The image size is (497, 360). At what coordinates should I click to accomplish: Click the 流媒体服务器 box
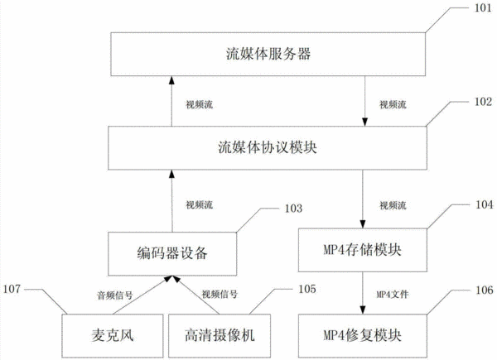coord(268,54)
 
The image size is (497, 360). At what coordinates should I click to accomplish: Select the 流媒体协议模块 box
coord(268,148)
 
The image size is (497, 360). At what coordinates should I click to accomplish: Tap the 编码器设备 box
coord(172,254)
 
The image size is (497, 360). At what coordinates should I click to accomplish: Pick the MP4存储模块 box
coord(363,250)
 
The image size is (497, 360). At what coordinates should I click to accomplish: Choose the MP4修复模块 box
coord(363,336)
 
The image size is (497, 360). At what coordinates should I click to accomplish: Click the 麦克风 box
coord(113,336)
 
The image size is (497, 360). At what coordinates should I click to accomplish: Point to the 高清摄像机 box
coord(220,336)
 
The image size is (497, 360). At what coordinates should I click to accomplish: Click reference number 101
coord(483,8)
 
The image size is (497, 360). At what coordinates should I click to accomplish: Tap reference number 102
coord(483,102)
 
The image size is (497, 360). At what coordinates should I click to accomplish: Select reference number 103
coord(293,209)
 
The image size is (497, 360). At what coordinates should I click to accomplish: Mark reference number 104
coord(485,204)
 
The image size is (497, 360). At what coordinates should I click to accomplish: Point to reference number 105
coord(307,289)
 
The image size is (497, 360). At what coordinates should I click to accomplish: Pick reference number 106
coord(485,290)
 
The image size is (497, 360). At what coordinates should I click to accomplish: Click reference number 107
coord(12,289)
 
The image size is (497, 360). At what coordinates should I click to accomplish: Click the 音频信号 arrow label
coord(114,295)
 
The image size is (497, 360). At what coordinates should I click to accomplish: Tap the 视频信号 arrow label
coord(220,295)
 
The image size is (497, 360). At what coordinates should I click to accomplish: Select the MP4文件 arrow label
coord(393,295)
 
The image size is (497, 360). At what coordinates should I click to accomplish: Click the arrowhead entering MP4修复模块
coord(363,310)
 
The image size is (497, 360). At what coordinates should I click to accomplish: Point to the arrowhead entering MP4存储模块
coord(363,224)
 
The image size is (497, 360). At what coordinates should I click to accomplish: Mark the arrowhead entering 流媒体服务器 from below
coord(171,80)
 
